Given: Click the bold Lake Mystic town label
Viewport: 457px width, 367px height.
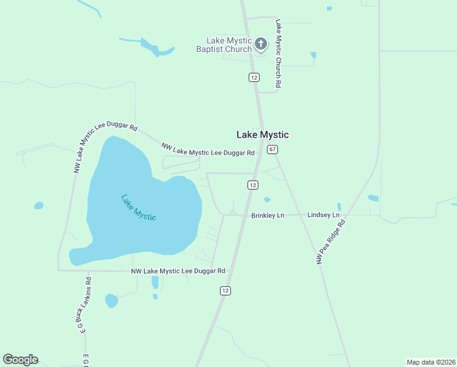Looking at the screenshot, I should (263, 135).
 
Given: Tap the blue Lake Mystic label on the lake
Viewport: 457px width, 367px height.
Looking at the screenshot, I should (138, 208).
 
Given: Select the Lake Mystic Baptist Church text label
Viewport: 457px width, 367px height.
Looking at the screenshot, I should (224, 45).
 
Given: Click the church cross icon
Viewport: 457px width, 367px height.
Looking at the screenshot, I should (261, 44).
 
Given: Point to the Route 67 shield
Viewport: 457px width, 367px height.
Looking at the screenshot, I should (272, 149).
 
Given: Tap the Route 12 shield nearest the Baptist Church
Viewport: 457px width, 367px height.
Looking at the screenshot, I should (254, 77).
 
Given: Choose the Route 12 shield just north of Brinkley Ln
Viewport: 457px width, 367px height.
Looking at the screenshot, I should (252, 185).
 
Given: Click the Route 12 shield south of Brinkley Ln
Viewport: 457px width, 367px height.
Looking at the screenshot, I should (225, 291).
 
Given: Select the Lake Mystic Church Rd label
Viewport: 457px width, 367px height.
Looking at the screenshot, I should (278, 53).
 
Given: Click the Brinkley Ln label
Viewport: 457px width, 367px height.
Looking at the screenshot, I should (268, 215).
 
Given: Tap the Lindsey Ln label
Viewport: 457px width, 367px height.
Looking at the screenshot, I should (323, 215).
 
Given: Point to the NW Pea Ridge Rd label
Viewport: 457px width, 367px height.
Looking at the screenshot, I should (331, 242).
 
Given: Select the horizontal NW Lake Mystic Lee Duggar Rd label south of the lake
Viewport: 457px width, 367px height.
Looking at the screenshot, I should (178, 270).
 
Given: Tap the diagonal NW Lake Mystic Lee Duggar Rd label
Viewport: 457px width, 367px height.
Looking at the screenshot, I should (208, 149).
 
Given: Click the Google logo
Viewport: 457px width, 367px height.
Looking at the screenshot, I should (20, 360).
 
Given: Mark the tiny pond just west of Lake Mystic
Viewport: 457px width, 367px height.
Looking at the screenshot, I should (38, 206).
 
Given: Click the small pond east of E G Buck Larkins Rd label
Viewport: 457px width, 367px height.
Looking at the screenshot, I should (111, 300).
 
